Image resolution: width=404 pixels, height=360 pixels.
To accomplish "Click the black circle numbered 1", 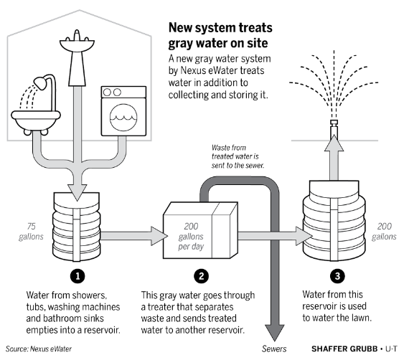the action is (77, 276).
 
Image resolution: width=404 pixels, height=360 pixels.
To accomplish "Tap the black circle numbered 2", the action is (201, 276).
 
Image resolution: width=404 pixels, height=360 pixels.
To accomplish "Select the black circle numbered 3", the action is (337, 276).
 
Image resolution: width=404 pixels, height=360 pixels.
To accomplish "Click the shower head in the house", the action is (39, 82).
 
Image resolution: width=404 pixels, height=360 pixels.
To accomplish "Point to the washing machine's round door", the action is (123, 117).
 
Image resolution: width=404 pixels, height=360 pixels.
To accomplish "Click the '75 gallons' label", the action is (31, 232).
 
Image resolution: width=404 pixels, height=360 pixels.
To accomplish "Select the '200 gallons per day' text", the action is (191, 237).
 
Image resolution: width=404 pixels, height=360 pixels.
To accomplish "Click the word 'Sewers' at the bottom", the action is (274, 349).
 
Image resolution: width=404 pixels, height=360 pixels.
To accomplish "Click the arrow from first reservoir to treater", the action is (133, 236).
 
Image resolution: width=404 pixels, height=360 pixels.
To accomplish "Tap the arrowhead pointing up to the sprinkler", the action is (334, 143).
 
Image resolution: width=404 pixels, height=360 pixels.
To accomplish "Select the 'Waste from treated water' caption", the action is (238, 156).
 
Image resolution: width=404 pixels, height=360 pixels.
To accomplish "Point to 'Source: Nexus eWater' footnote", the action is (39, 349).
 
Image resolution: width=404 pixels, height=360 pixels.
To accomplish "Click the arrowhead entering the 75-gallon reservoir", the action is (77, 192).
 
